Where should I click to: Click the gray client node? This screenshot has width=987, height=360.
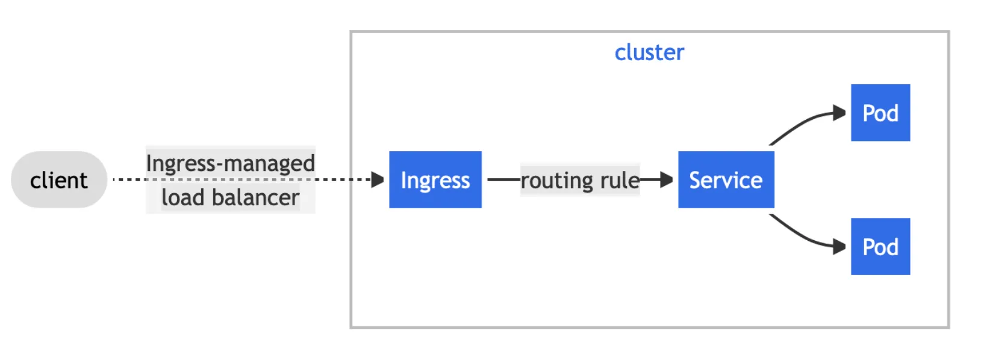pos(58,179)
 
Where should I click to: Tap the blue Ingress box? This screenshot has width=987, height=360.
pos(435,179)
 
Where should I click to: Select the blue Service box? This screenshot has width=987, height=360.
pos(726,179)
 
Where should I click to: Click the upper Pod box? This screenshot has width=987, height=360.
pos(880,113)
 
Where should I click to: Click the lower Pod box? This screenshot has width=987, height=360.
pos(880,246)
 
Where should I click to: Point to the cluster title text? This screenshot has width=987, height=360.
pos(649,52)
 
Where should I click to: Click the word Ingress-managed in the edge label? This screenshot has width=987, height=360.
pos(230,163)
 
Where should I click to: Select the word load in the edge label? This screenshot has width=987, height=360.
pos(182,197)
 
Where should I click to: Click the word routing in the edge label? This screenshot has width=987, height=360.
pos(557,180)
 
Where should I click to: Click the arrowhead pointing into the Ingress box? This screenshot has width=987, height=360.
pos(378,179)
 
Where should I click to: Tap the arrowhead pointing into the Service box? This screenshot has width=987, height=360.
pos(666,179)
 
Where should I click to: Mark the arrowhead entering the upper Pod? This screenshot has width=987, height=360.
pos(839,113)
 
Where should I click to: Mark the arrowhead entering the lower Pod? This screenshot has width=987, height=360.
pos(839,246)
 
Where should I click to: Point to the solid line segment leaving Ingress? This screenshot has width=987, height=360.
pos(503,179)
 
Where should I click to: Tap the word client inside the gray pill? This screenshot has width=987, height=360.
pos(58,180)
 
